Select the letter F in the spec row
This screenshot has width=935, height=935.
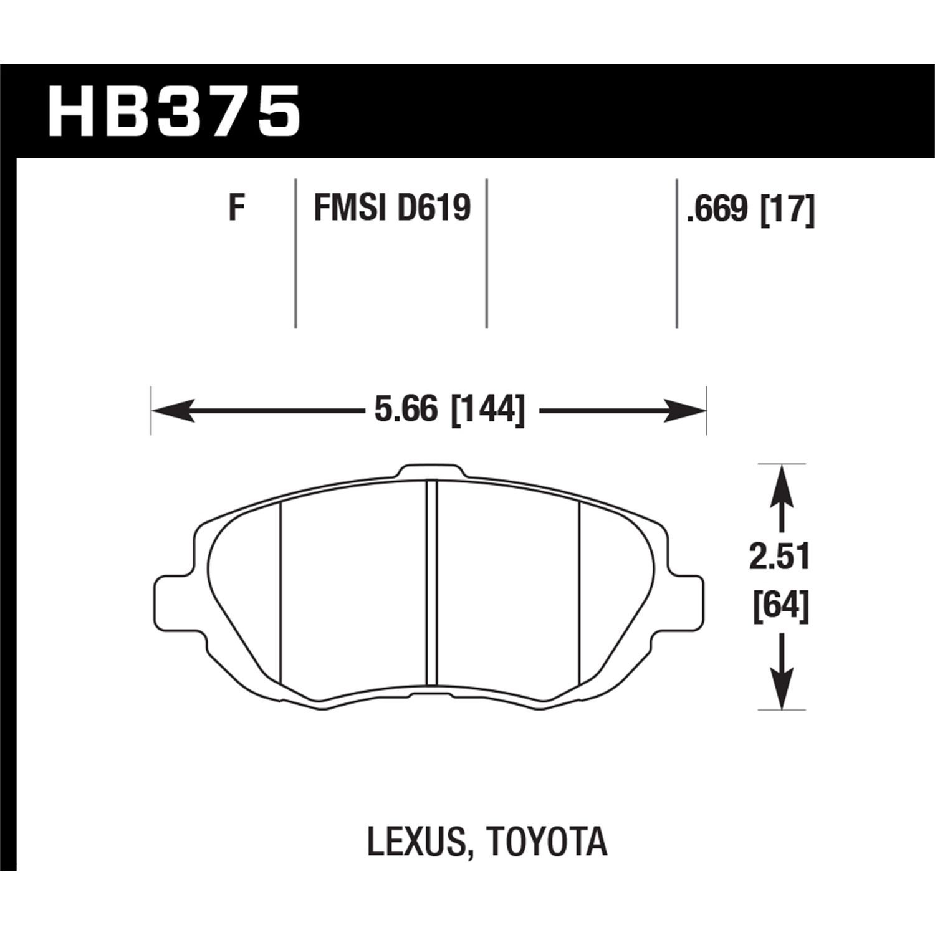click(235, 208)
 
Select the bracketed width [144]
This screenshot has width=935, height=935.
click(487, 411)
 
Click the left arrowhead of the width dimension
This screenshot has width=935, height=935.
click(171, 411)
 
